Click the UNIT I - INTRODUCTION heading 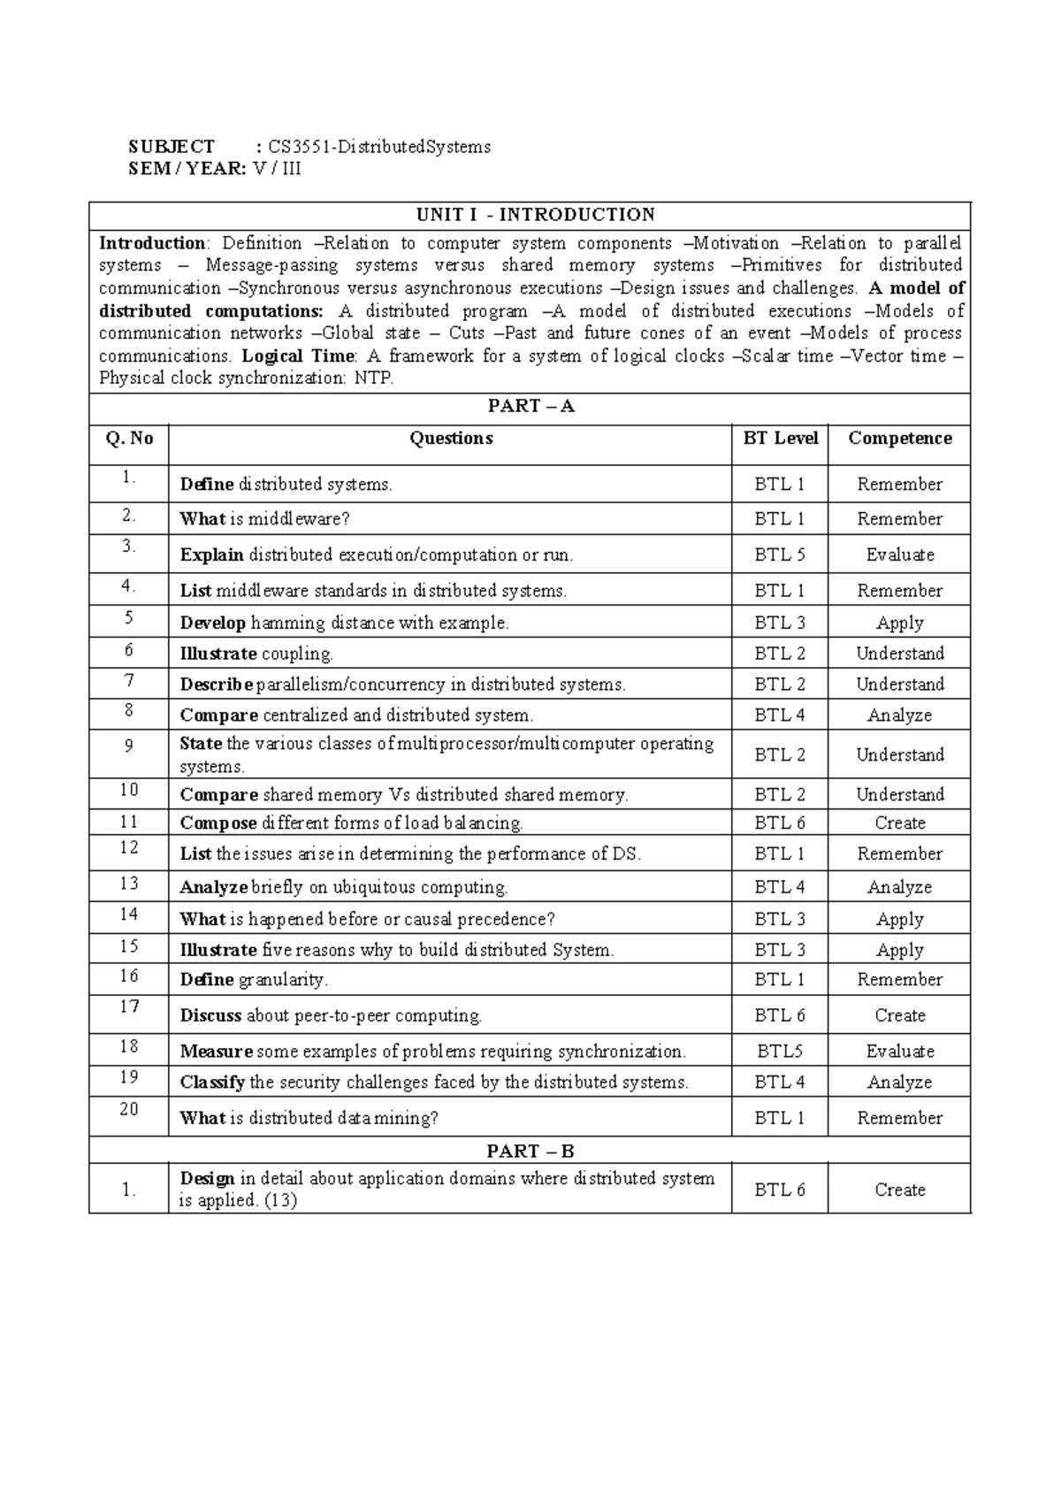coord(536,215)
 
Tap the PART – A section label coord(530,406)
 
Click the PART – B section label coord(530,1151)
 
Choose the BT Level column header coord(781,439)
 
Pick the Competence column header coord(899,439)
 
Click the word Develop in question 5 coord(212,623)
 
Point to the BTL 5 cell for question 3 coord(780,555)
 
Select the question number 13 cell coord(129,883)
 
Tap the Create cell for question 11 coord(899,823)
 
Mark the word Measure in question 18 coord(216,1052)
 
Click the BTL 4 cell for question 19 coord(780,1082)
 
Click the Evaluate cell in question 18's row coord(899,1052)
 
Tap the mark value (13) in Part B coord(281,1201)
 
